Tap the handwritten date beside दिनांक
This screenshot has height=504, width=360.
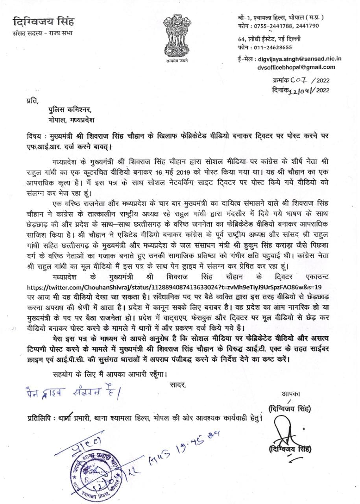click(x=302, y=90)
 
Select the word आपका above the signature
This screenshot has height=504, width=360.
click(x=290, y=394)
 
